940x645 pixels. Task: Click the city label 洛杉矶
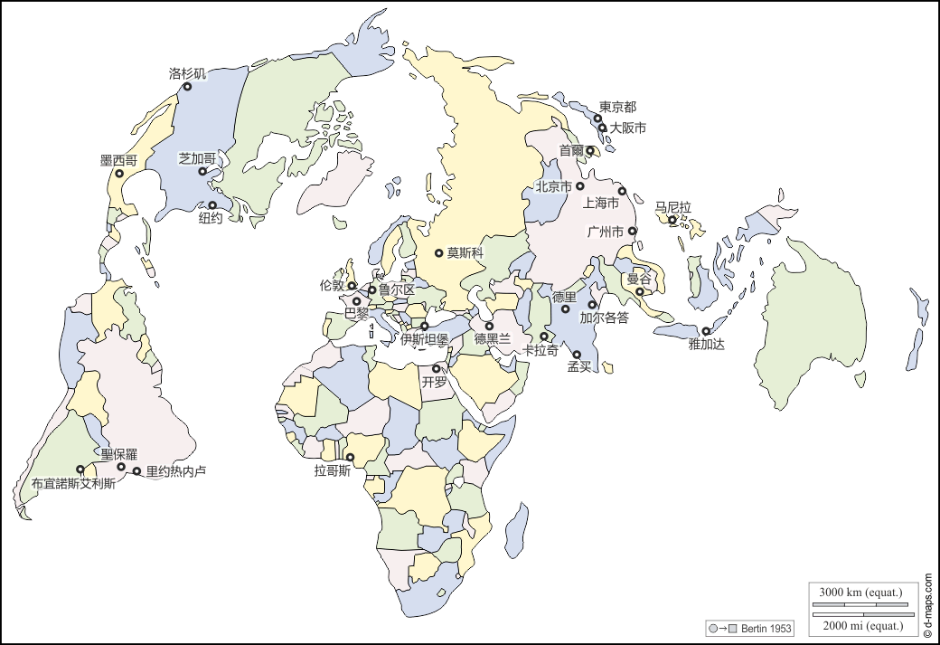click(187, 73)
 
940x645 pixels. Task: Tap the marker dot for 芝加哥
click(203, 172)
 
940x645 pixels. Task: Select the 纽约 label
click(211, 218)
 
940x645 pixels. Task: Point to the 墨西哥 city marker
click(119, 174)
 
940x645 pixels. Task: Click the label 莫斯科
click(465, 253)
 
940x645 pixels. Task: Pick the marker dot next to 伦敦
click(352, 286)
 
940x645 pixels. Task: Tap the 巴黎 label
click(357, 314)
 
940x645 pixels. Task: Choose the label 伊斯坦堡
click(425, 340)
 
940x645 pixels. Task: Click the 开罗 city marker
click(437, 369)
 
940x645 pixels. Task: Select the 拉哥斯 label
click(332, 471)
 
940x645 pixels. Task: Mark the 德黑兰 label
click(493, 339)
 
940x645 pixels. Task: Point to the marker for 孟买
click(577, 355)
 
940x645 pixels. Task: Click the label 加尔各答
click(605, 318)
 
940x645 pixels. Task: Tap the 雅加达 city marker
click(706, 331)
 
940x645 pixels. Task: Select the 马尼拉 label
click(672, 207)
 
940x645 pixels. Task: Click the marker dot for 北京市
click(580, 186)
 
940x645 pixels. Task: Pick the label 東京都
click(617, 107)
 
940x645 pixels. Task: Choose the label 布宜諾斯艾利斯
click(73, 483)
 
